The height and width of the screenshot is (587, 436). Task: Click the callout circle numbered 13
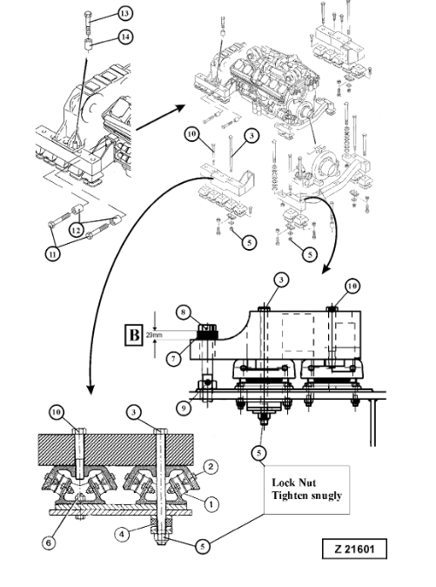[124, 13]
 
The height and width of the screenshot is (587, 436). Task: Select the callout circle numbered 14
[125, 37]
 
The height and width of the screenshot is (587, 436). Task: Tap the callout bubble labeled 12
[77, 230]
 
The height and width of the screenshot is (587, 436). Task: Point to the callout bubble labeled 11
[53, 254]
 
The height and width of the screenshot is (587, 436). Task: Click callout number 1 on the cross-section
[211, 504]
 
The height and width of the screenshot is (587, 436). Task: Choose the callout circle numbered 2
[211, 467]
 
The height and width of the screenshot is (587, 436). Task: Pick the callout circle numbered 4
[122, 534]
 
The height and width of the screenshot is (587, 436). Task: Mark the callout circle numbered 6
[49, 543]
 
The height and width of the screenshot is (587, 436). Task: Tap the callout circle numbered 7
[173, 359]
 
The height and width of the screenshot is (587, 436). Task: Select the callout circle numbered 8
[184, 313]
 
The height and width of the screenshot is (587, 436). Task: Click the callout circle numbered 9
[184, 408]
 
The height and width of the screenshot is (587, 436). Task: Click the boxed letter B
[134, 334]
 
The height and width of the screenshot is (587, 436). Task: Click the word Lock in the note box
[283, 482]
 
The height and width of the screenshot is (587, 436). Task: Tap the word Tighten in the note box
[288, 496]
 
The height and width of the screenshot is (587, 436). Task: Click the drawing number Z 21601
[354, 549]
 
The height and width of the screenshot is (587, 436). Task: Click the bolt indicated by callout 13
[87, 24]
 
